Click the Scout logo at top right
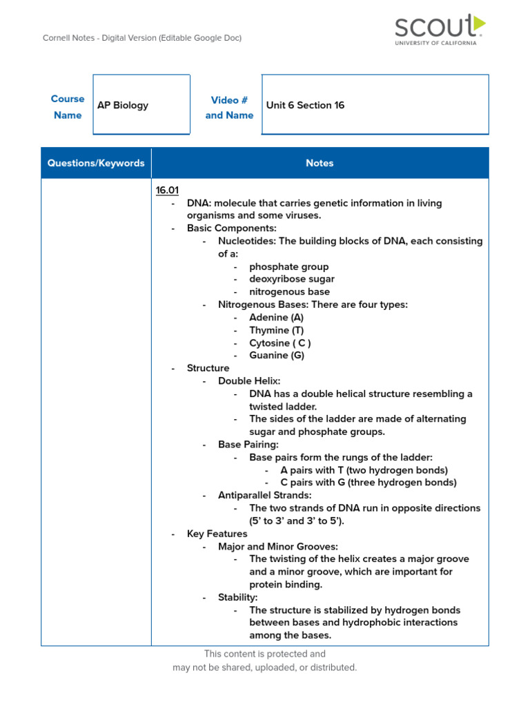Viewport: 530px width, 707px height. click(439, 30)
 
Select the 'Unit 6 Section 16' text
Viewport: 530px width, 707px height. click(305, 105)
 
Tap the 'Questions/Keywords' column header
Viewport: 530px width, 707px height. click(96, 163)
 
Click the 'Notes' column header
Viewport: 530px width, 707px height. click(320, 163)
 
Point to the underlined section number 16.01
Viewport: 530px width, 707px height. click(168, 191)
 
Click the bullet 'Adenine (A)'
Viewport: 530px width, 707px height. click(276, 318)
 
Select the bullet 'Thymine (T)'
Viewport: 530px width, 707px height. click(276, 330)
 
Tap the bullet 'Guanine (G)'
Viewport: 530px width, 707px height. click(276, 356)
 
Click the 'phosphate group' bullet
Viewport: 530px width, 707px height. click(288, 267)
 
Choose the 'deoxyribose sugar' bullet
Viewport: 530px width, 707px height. click(291, 279)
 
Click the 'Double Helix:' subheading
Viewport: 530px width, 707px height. click(249, 381)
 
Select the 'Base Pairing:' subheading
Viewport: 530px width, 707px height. click(248, 445)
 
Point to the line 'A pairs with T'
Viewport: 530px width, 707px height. click(364, 470)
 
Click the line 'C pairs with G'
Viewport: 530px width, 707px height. click(368, 483)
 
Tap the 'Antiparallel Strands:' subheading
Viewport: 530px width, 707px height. click(265, 495)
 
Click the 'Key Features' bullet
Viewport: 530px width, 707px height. click(217, 534)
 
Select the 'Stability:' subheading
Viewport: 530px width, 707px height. click(237, 597)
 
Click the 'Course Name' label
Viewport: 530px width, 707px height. click(68, 107)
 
